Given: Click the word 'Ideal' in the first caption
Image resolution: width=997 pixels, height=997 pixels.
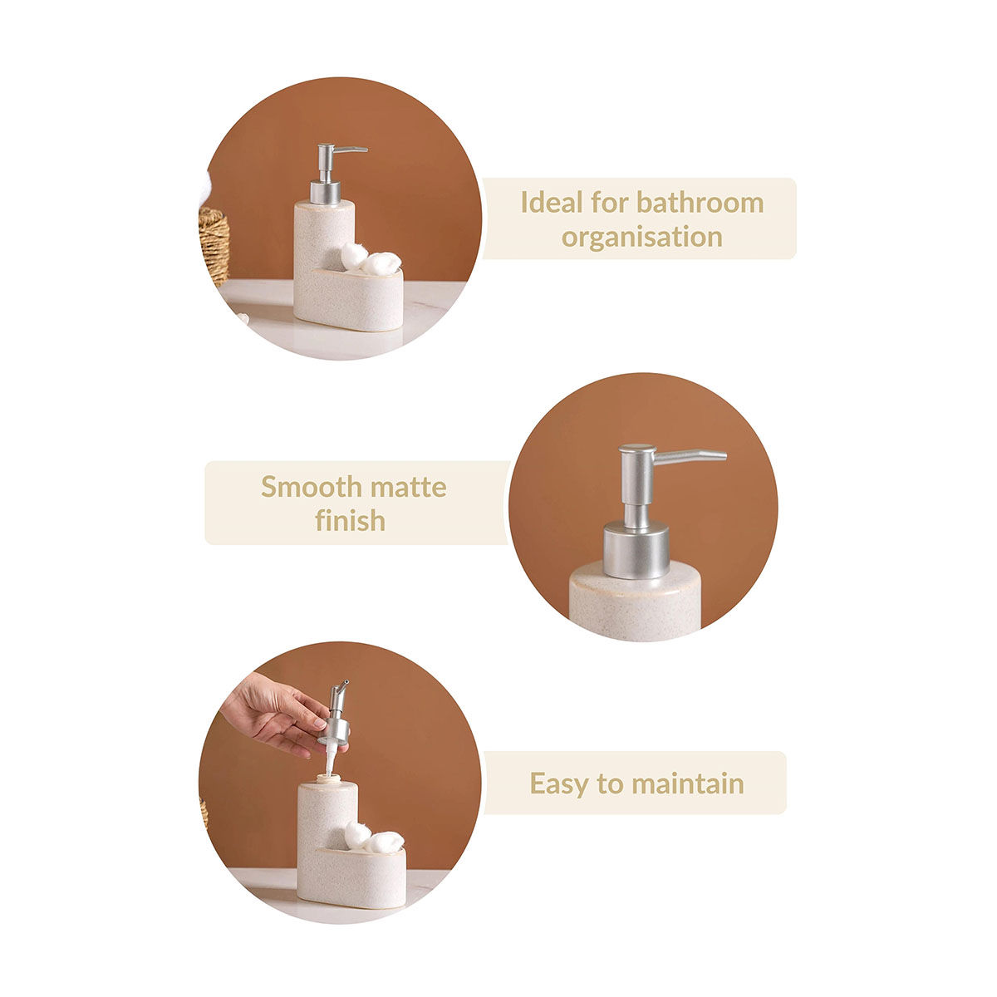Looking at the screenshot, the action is point(552,202).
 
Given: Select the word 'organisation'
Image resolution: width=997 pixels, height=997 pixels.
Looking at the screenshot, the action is point(642,238).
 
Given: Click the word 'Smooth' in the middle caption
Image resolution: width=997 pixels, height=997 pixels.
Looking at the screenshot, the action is point(312,487).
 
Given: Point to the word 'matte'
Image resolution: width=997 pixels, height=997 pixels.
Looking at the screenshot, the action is point(408,488).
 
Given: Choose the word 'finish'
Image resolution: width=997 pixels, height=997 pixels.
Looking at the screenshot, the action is point(351,520).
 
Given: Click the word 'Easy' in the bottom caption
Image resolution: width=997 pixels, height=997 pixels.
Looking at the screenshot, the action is point(560,784).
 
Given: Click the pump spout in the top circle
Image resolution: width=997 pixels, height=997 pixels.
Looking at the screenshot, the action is point(351,150).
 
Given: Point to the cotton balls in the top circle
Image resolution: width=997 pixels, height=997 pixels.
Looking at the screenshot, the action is point(371,259).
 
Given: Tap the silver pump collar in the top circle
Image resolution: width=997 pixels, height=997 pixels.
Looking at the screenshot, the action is point(326,192).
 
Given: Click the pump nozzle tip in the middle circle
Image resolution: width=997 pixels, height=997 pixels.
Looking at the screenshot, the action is point(721,456).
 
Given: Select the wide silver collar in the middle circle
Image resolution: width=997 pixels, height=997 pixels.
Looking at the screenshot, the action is point(636,551).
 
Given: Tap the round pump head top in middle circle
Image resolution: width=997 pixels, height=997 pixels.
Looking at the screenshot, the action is point(637,449).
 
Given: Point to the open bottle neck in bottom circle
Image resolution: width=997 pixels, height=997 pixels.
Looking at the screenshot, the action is point(327,778).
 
